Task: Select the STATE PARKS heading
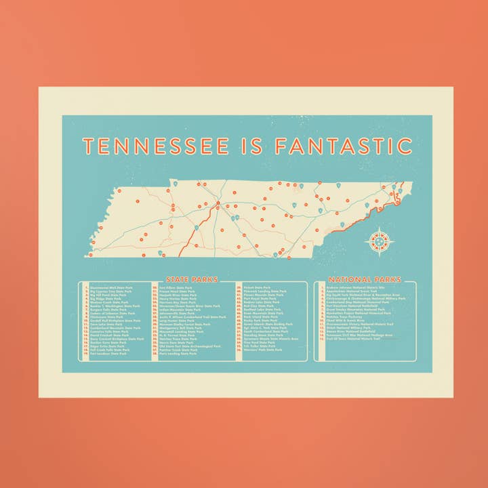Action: (x=191, y=279)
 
